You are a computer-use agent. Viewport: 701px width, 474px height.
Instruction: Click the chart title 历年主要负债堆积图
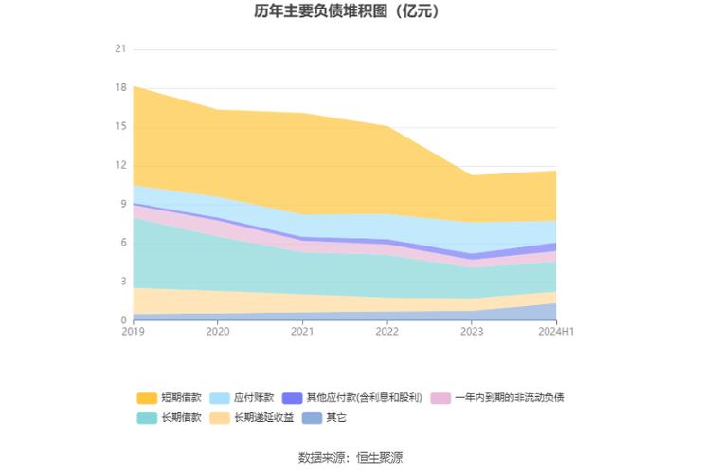pyautogui.click(x=333, y=12)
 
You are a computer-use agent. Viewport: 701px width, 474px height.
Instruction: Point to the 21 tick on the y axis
pyautogui.click(x=120, y=48)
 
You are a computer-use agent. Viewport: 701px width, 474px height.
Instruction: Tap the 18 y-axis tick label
pyautogui.click(x=120, y=87)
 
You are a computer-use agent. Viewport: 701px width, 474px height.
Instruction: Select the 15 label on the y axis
pyautogui.click(x=120, y=126)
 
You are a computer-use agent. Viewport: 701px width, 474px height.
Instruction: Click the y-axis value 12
pyautogui.click(x=120, y=165)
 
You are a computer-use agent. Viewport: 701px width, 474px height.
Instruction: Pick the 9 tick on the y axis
pyautogui.click(x=123, y=204)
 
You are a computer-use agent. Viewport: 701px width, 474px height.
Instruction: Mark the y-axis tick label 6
pyautogui.click(x=123, y=243)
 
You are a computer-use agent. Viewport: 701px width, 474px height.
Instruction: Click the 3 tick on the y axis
pyautogui.click(x=123, y=282)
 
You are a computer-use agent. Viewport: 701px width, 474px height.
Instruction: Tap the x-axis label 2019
pyautogui.click(x=134, y=332)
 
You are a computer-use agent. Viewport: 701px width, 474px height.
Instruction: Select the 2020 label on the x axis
pyautogui.click(x=218, y=332)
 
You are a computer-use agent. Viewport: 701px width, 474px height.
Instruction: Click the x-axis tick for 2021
pyautogui.click(x=302, y=332)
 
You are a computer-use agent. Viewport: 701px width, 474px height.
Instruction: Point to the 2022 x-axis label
pyautogui.click(x=386, y=332)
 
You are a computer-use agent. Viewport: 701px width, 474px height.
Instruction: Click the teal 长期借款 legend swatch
pyautogui.click(x=147, y=417)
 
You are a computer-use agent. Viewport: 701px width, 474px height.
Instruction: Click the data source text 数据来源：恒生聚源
pyautogui.click(x=350, y=457)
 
